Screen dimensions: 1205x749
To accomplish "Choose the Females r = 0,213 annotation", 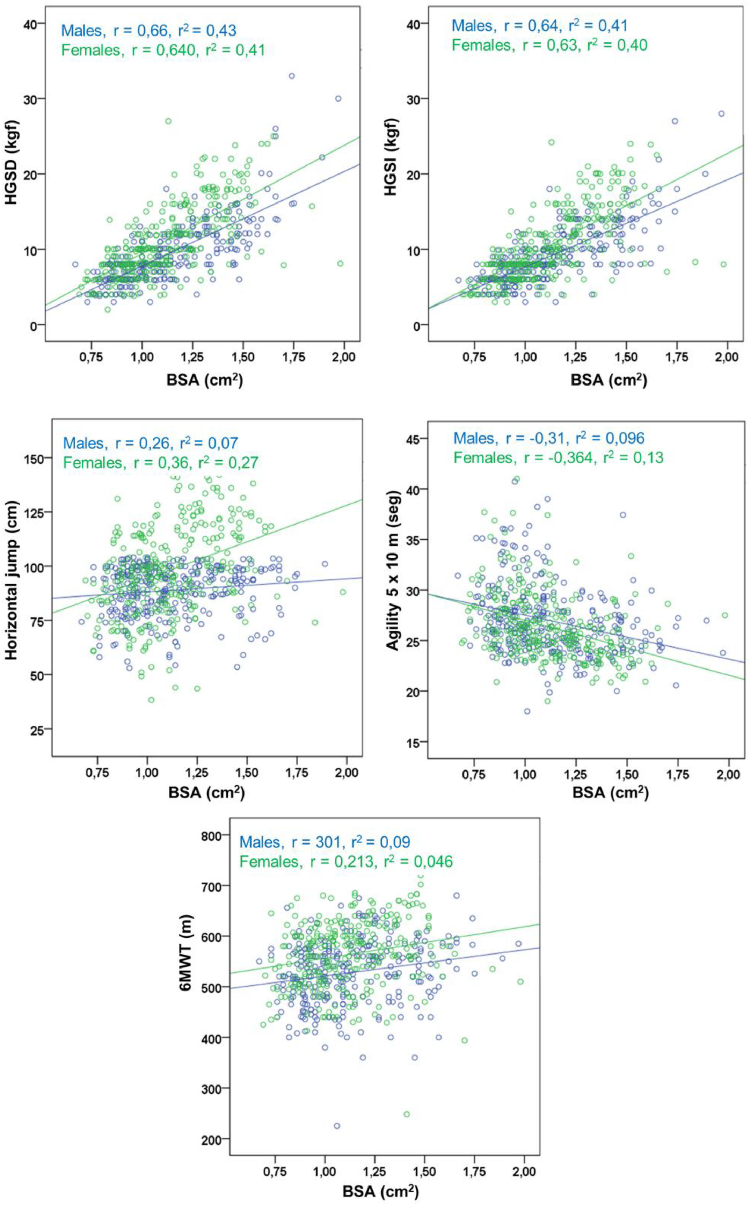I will (x=346, y=862).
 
